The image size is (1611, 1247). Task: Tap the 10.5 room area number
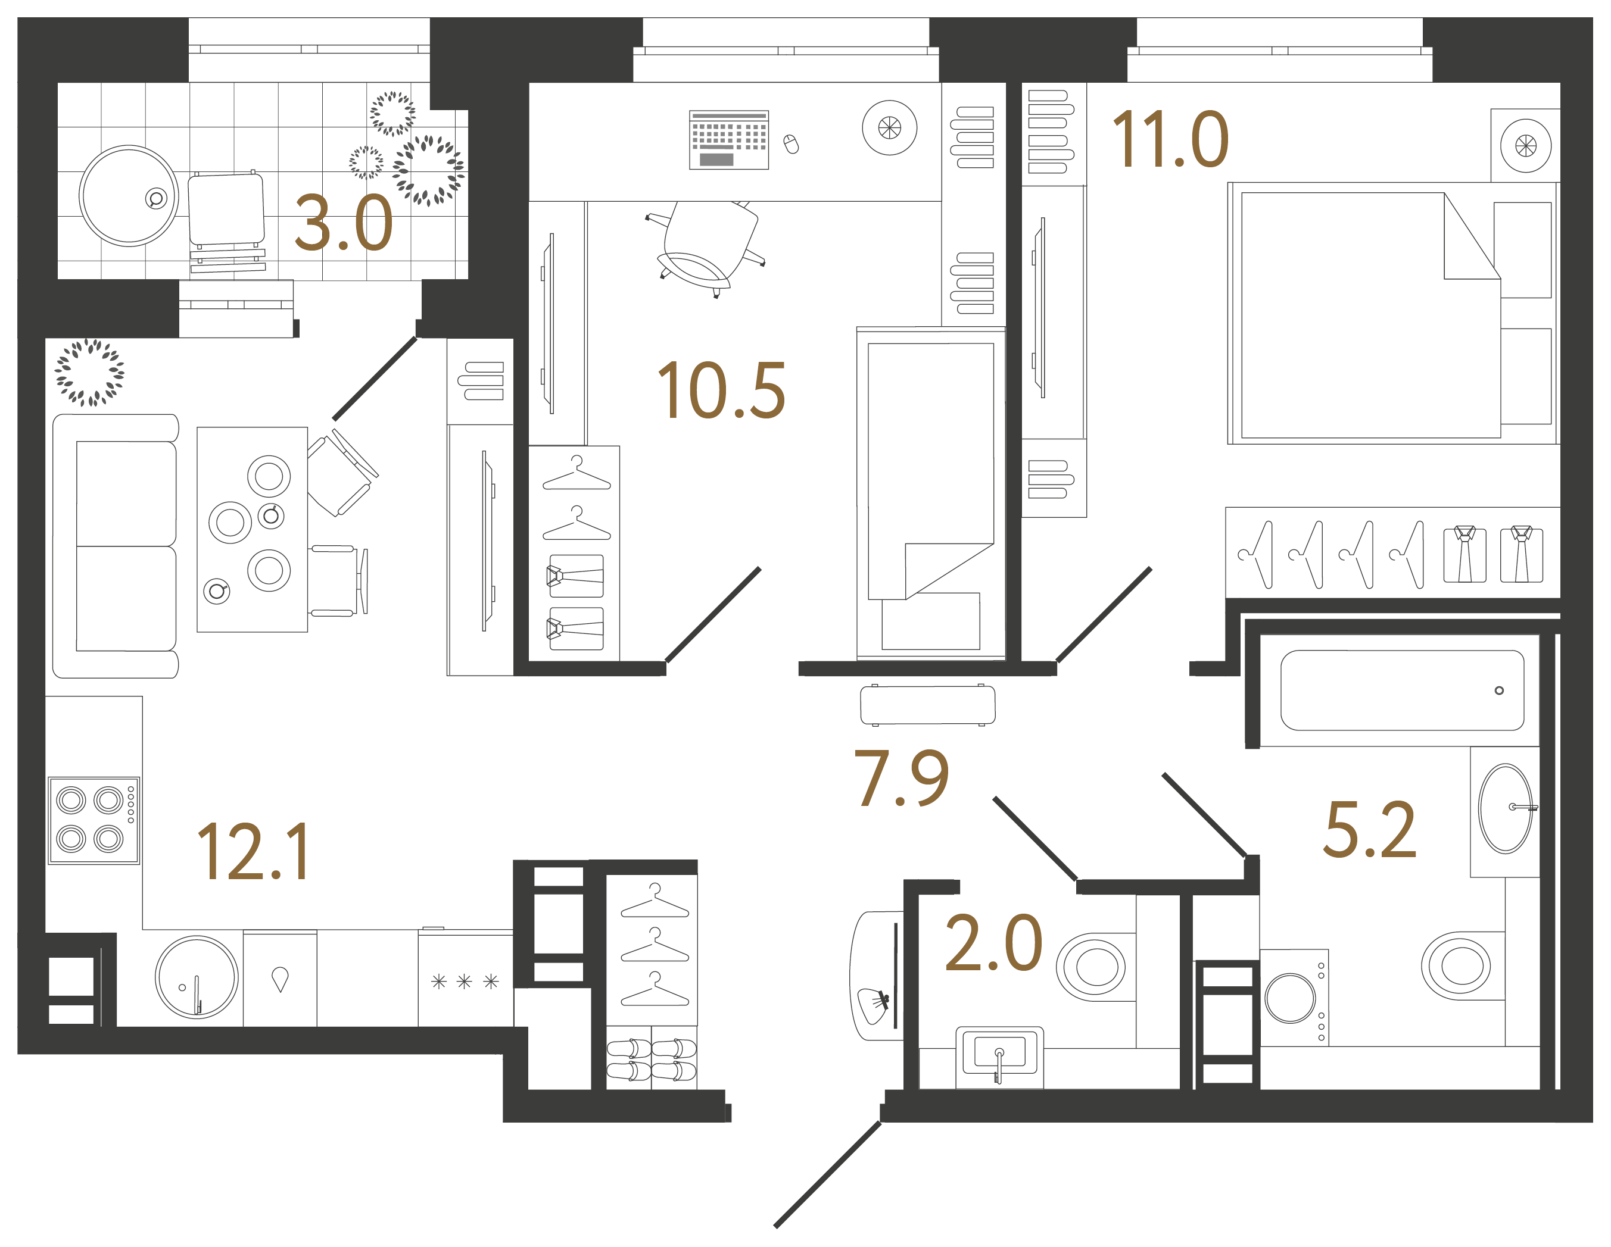721,391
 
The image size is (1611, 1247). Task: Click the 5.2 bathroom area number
1370,830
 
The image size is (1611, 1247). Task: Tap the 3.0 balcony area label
343,223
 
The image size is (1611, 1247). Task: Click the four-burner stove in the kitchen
94,819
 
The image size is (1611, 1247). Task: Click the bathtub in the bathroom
1401,690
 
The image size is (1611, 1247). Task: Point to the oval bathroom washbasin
1505,808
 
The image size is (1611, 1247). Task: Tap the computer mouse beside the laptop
791,144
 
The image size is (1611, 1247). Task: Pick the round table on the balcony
129,195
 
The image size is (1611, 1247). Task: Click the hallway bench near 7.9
927,705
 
